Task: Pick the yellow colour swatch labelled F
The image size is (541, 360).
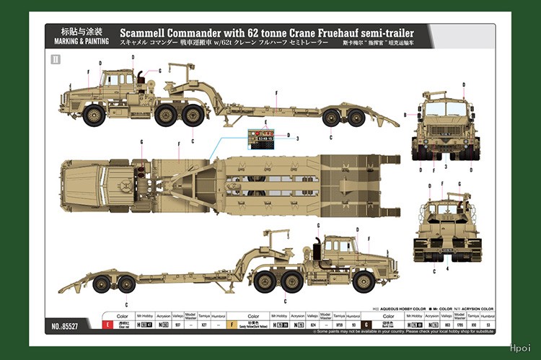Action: (x=232, y=325)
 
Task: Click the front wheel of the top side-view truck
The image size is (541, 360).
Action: (x=95, y=114)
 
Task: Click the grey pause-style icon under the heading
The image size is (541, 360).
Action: (x=56, y=59)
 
